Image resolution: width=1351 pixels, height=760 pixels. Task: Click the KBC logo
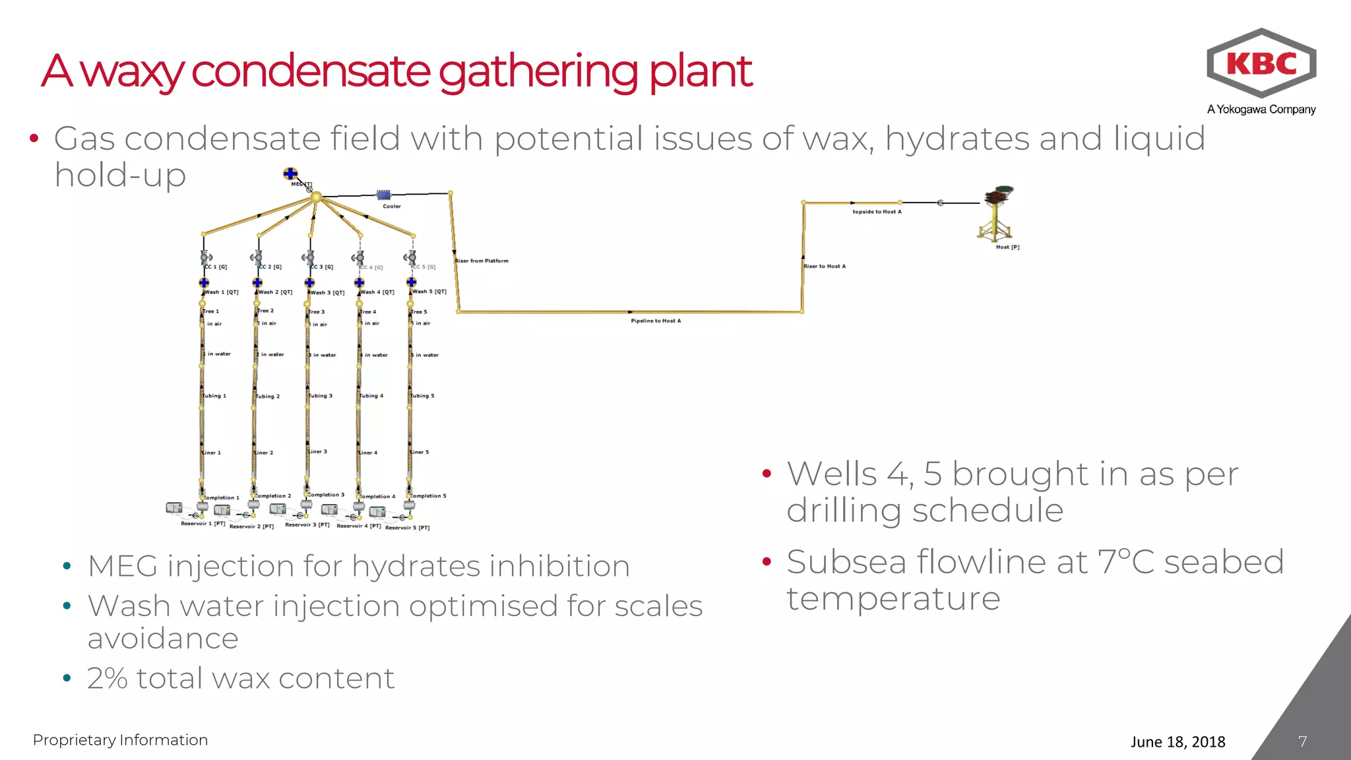coord(1261,64)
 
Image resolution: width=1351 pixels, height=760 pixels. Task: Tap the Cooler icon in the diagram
coord(383,195)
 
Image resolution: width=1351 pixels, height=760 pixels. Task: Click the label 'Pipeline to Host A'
coord(656,321)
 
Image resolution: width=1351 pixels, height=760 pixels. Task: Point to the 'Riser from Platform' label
coord(482,261)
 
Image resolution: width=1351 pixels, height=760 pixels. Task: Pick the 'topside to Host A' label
coord(877,212)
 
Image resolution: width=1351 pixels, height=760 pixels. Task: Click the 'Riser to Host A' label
coord(825,266)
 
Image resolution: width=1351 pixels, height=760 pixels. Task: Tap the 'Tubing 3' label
coord(321,396)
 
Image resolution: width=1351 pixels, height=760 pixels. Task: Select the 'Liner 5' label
coord(420,452)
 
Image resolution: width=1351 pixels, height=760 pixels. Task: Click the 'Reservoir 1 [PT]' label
coord(203,523)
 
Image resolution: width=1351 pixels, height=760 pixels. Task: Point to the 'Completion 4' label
coord(377,496)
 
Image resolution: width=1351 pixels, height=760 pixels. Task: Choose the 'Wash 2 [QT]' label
coord(275,292)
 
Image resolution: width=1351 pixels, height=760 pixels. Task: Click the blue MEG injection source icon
coord(290,174)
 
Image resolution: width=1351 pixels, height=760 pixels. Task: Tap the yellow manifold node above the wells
coord(316,197)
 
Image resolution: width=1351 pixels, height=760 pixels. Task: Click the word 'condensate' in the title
coord(311,71)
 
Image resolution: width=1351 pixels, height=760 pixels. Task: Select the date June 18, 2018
coord(1178,742)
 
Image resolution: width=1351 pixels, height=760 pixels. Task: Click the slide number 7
coord(1302,742)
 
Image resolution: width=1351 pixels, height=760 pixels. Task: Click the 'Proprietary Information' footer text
coord(120,740)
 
